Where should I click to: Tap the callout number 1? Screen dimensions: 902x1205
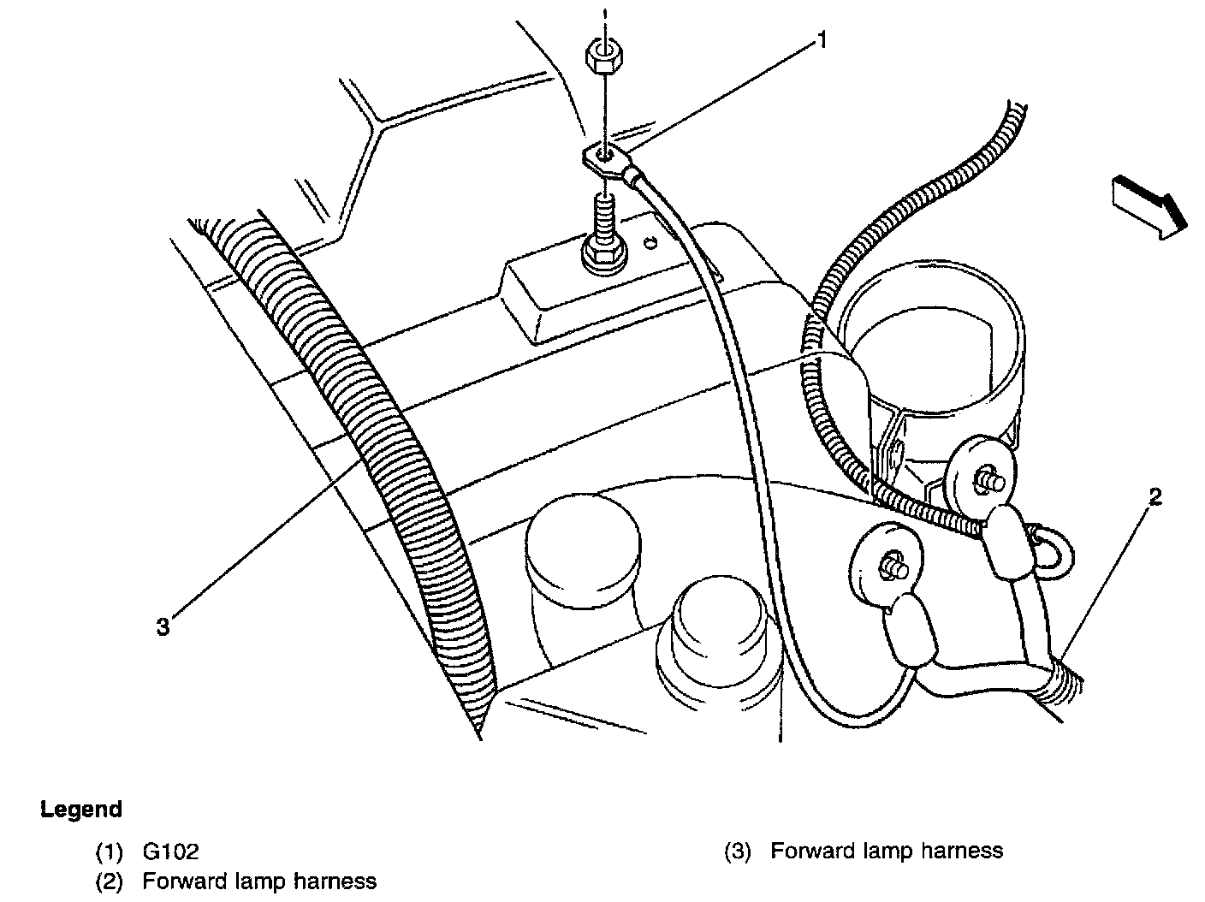pyautogui.click(x=822, y=40)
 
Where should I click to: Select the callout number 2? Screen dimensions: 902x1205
pyautogui.click(x=1155, y=497)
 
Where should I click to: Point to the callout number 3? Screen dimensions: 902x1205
pyautogui.click(x=163, y=627)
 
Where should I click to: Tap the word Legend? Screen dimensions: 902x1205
pyautogui.click(x=81, y=810)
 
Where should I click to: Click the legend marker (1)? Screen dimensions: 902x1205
pyautogui.click(x=110, y=852)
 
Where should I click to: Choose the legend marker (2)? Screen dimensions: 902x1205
pyautogui.click(x=110, y=881)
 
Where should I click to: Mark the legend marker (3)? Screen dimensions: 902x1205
pyautogui.click(x=738, y=852)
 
